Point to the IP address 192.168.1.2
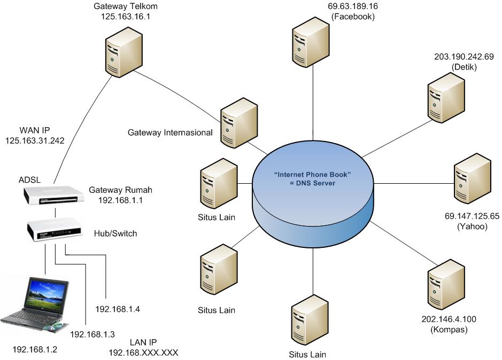[x=35, y=350]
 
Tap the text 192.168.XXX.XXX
[x=143, y=353]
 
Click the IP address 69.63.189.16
[x=353, y=7]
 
